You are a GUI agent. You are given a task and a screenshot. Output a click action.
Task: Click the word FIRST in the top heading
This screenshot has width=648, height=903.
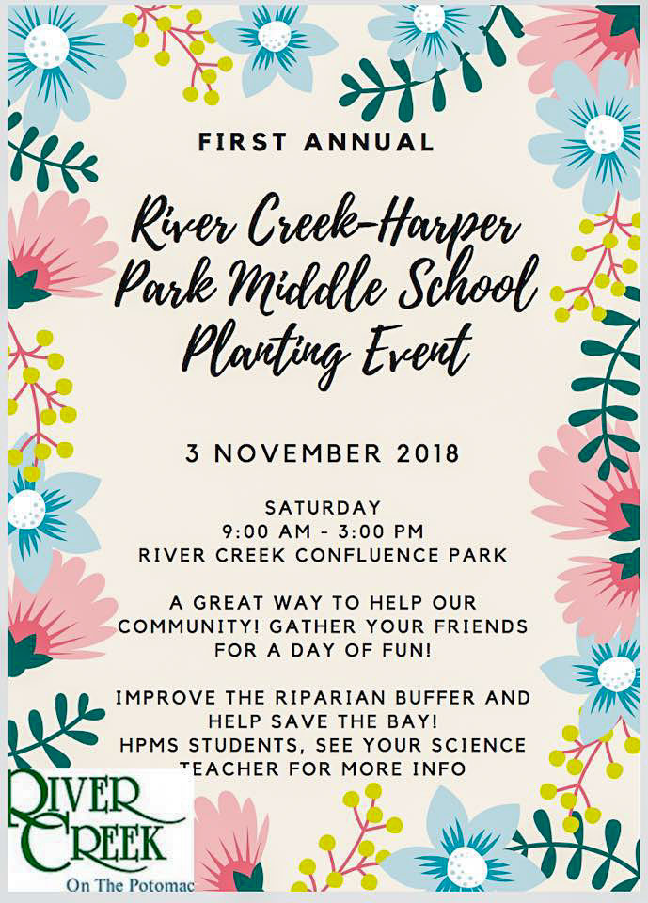(x=241, y=142)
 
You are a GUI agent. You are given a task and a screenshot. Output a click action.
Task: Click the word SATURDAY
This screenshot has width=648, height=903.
(x=323, y=508)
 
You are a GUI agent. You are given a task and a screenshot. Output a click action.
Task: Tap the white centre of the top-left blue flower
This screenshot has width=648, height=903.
(x=46, y=46)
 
